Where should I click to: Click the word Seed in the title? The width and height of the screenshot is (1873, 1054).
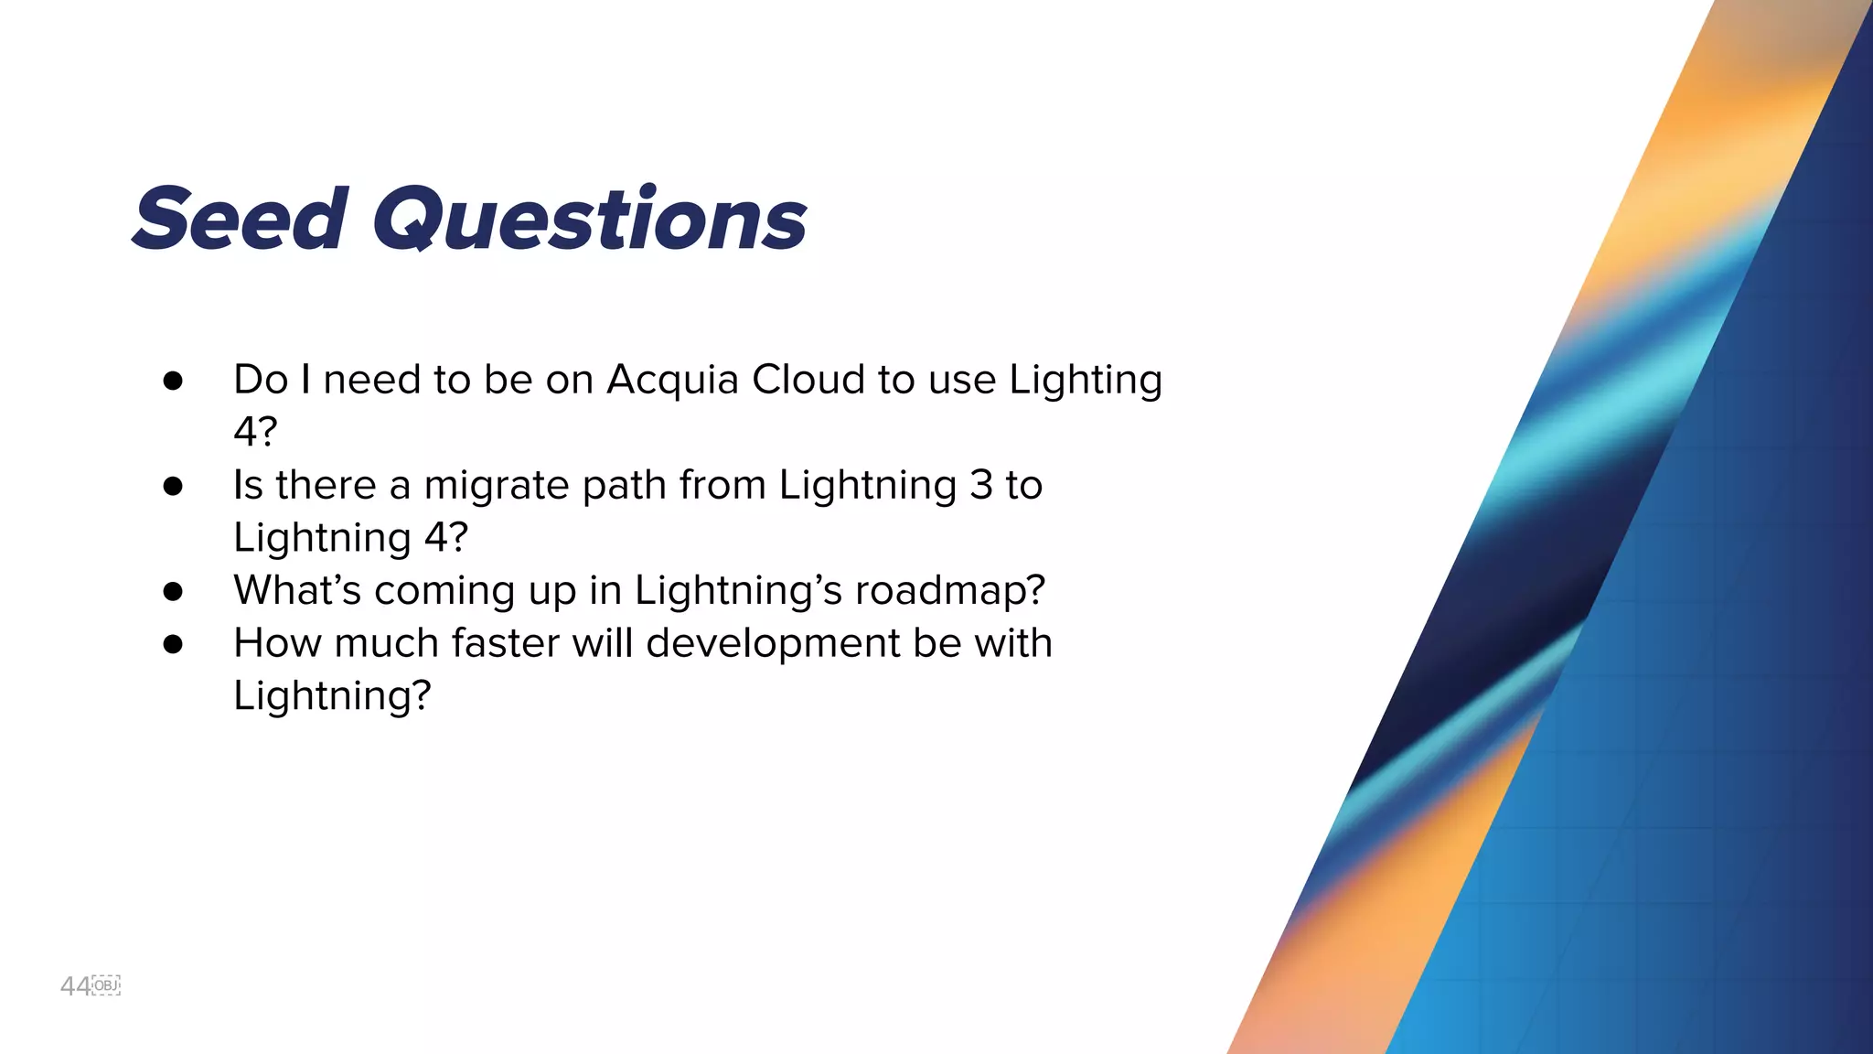[x=241, y=220]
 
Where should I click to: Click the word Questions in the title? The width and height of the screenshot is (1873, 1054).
[x=590, y=220]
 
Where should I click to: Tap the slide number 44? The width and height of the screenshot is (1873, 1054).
[x=75, y=986]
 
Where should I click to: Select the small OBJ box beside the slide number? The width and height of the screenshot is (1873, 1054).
[x=107, y=985]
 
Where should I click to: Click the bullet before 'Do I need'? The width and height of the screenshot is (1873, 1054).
[x=173, y=381]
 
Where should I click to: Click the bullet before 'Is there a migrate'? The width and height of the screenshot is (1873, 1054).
[x=173, y=486]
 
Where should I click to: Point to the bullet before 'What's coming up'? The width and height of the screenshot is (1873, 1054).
[x=173, y=591]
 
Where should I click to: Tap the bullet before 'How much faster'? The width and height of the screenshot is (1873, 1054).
[x=173, y=644]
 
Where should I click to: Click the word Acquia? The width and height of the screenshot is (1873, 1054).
[x=672, y=380]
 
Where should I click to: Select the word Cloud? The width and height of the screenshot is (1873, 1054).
[x=808, y=380]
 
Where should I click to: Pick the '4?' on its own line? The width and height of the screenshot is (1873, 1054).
[x=255, y=432]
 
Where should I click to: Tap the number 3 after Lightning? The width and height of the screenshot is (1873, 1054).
[x=980, y=485]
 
